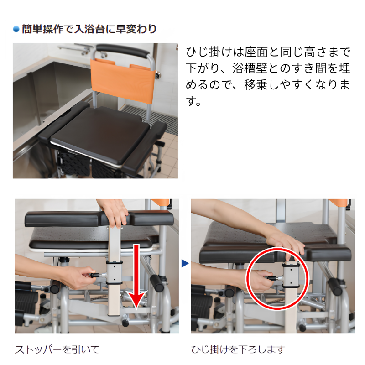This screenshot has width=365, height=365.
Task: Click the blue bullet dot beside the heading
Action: point(16,29)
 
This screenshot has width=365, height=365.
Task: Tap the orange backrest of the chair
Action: point(123,79)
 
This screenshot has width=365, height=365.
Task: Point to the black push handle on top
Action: point(122,51)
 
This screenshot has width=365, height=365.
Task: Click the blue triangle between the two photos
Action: point(185,264)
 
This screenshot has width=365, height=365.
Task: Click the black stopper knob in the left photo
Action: point(95,276)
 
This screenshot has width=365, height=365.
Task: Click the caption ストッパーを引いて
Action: point(57,349)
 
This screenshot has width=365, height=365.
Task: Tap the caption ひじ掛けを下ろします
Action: point(238,349)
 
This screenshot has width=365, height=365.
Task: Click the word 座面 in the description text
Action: point(256,52)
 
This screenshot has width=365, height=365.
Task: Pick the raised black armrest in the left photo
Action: point(99,219)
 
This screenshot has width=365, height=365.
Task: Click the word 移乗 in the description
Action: point(256,85)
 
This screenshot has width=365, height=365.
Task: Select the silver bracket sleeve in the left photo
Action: point(114,272)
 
